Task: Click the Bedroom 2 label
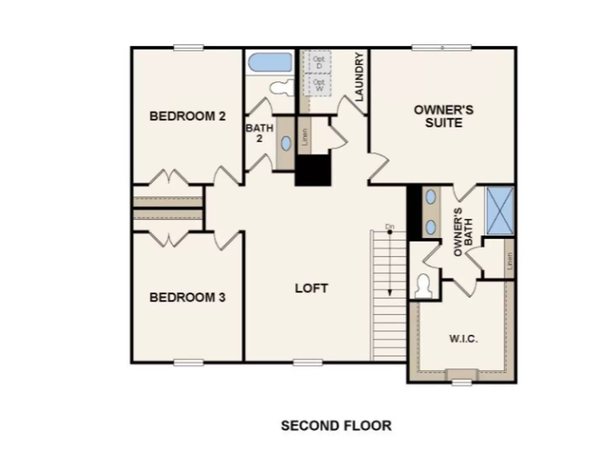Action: click(187, 116)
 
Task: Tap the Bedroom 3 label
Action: click(187, 297)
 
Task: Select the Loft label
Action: click(311, 288)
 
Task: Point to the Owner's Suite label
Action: click(443, 116)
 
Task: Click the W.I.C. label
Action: click(463, 339)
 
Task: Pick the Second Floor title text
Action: click(336, 425)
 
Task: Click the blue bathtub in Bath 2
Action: click(270, 62)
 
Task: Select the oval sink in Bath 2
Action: click(286, 143)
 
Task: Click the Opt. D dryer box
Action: click(319, 62)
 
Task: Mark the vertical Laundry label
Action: click(359, 77)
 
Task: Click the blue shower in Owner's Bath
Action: click(500, 210)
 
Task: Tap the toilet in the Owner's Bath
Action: click(423, 286)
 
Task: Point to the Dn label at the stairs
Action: click(390, 227)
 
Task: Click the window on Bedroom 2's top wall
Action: click(189, 48)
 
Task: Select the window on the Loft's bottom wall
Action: click(308, 362)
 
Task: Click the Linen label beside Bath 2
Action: click(305, 137)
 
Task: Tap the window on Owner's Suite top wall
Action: click(441, 48)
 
